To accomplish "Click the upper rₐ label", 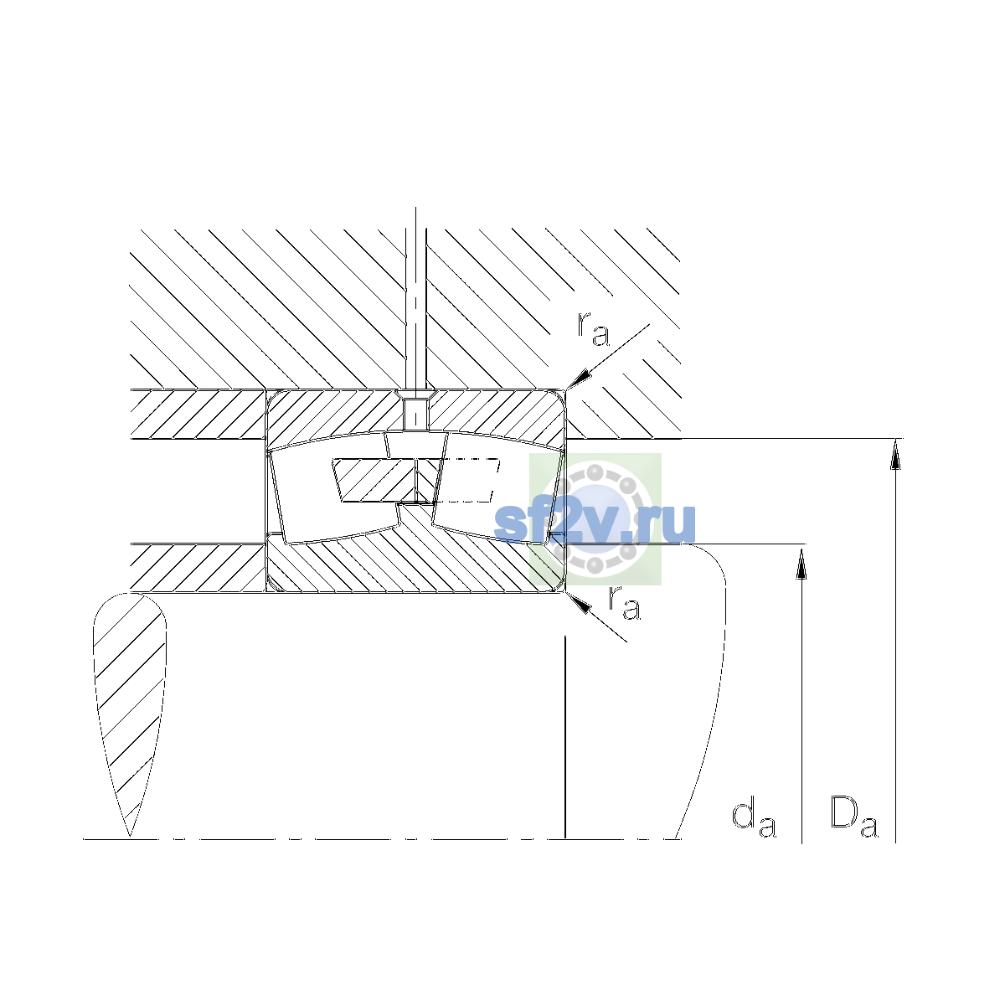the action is pyautogui.click(x=593, y=329).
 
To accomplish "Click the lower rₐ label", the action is pyautogui.click(x=624, y=603).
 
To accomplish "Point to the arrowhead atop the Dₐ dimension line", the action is pyautogui.click(x=895, y=454).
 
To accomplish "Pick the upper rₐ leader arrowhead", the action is pyautogui.click(x=580, y=379).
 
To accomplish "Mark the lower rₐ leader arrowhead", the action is pyautogui.click(x=579, y=602).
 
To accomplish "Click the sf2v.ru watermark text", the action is pyautogui.click(x=595, y=523).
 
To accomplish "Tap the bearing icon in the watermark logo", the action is pyautogui.click(x=595, y=519).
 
